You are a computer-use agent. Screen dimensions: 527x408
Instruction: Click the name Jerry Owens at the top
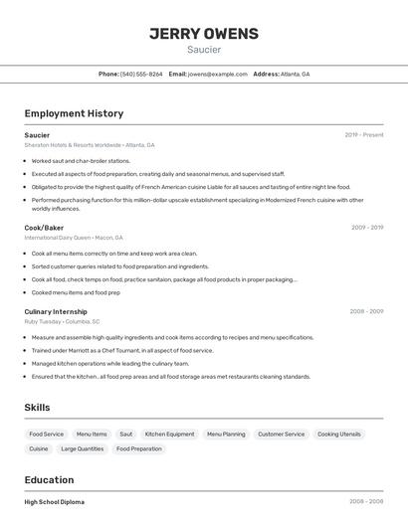pos(203,33)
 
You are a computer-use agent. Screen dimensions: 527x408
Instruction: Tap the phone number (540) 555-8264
pos(141,75)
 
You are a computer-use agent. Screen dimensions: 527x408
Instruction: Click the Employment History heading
pos(74,113)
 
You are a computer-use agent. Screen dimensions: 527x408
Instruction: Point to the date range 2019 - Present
pos(363,135)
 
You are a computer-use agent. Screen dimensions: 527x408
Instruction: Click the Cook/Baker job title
pos(44,228)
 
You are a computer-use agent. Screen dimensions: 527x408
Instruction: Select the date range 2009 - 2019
pos(366,228)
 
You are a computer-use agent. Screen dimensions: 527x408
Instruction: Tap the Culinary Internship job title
pos(56,311)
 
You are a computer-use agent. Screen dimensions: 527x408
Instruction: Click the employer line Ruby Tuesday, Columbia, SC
pos(62,322)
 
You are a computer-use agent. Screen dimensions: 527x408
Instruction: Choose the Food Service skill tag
pos(47,435)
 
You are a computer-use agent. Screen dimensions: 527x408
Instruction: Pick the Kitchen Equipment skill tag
pos(169,435)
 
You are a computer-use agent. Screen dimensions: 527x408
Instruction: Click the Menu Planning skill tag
pos(226,435)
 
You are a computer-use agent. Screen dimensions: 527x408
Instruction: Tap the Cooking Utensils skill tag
pos(339,435)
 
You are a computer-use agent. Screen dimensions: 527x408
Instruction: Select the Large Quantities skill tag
pos(82,449)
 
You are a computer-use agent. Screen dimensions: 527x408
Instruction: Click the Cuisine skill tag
pos(39,449)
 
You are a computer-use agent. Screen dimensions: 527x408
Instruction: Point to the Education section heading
pos(49,479)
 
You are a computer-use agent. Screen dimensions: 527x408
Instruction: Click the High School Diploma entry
pos(55,502)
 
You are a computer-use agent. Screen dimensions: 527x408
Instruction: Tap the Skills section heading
pos(37,408)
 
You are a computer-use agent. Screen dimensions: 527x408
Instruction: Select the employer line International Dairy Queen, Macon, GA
pos(74,239)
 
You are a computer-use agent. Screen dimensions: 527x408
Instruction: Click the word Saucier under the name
pos(203,50)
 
